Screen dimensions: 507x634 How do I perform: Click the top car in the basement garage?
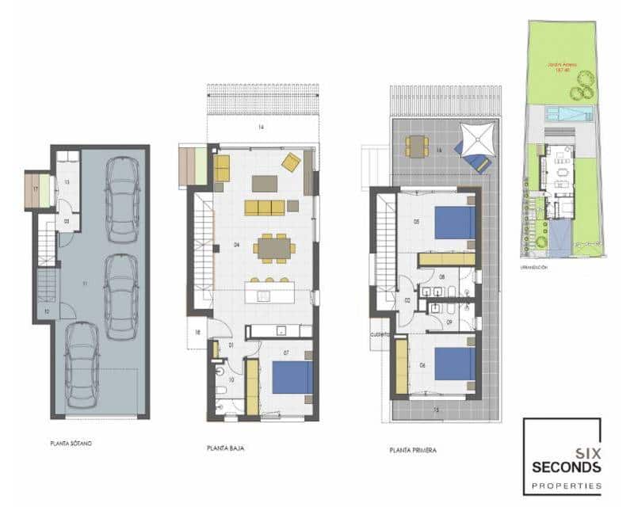[x=122, y=199]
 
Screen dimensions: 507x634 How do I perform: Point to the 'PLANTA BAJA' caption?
[x=225, y=448]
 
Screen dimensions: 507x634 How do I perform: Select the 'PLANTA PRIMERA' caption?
[x=413, y=450]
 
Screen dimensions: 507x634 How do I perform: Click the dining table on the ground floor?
[x=274, y=249]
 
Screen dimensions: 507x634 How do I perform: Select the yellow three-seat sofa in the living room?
[x=264, y=208]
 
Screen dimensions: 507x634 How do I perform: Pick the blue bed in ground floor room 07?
[x=292, y=377]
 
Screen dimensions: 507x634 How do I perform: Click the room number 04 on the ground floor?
[x=236, y=245]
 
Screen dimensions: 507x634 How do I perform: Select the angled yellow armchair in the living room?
[x=291, y=162]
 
